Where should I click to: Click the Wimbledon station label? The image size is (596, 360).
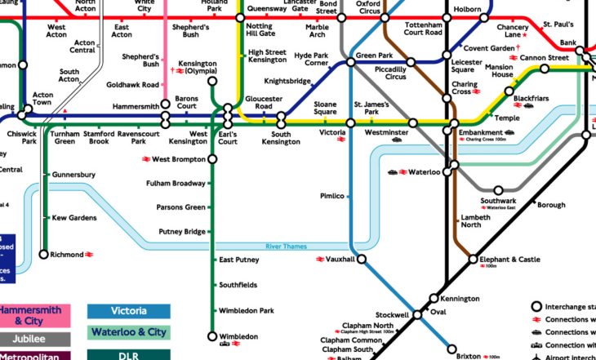pos(238,336)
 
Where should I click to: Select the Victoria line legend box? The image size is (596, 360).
pos(129,311)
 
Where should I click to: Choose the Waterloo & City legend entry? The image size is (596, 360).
pos(129,332)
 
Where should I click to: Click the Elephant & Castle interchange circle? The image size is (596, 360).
pos(473,260)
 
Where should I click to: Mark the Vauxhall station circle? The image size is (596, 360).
pos(360,260)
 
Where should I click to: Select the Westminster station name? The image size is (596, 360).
pos(386,132)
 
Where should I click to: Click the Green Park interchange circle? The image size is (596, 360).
pos(350,62)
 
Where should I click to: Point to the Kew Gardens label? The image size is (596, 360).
pos(74,218)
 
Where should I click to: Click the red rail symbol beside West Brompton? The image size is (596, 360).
pos(146,159)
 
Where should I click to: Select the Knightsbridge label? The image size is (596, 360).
pos(288,82)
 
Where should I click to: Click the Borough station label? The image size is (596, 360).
pos(550,205)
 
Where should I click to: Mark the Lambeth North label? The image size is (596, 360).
pos(477,222)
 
